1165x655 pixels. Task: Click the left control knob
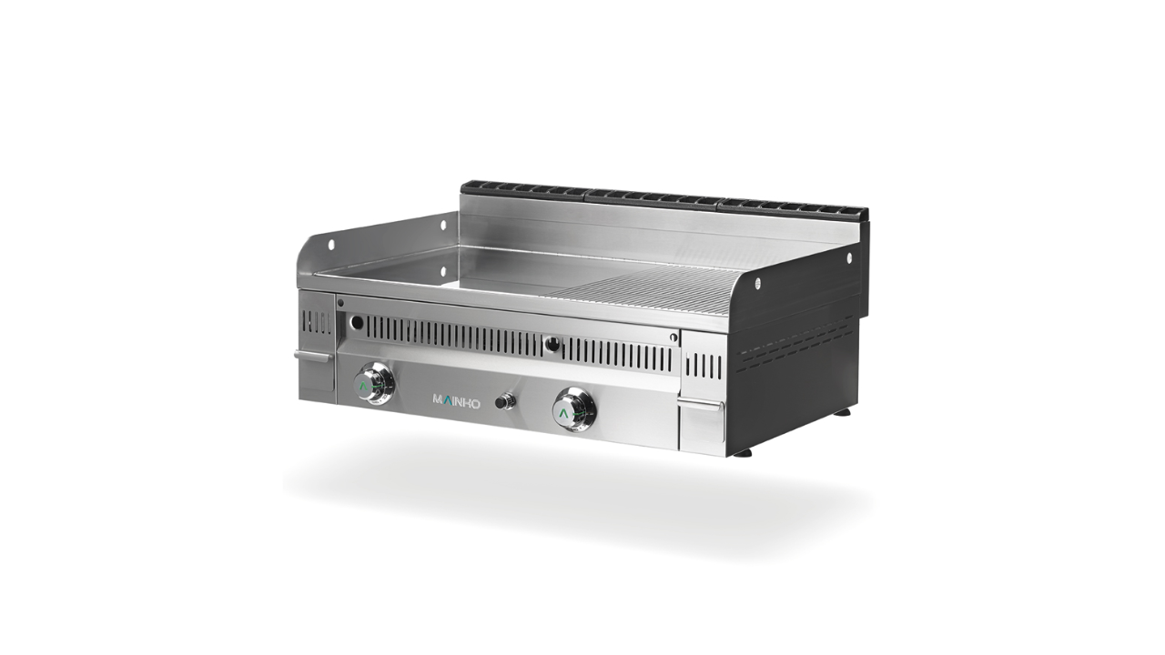373,382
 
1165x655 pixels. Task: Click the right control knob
574,408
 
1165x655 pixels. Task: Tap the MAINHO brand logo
457,401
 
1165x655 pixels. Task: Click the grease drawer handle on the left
312,356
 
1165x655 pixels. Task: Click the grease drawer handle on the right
700,405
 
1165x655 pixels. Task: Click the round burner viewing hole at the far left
357,323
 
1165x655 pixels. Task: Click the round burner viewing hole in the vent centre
552,343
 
